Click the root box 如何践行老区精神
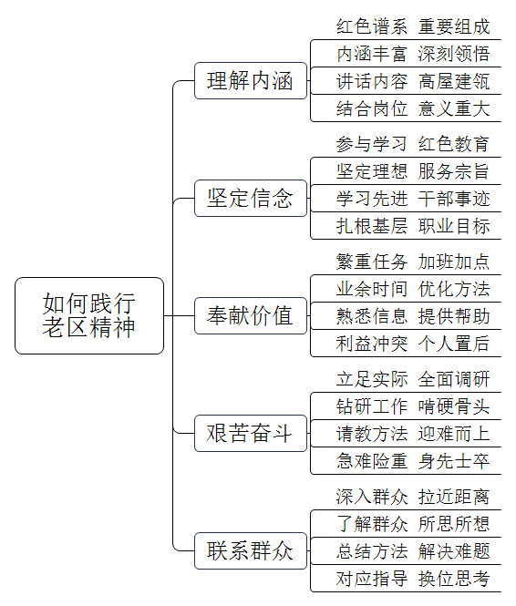(x=89, y=315)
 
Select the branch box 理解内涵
(x=251, y=80)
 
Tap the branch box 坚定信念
(x=251, y=198)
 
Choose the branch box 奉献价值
(x=251, y=315)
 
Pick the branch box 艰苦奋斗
(x=251, y=433)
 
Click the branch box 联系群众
(x=251, y=550)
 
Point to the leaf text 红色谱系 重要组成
(x=413, y=26)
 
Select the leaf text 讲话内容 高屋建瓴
(x=413, y=81)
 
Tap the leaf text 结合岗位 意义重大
(x=413, y=108)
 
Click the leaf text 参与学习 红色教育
(x=413, y=144)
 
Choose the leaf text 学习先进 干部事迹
(x=413, y=199)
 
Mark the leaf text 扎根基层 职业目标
(x=413, y=226)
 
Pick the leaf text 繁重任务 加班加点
(x=413, y=262)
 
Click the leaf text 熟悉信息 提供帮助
(x=413, y=316)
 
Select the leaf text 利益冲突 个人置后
(x=413, y=344)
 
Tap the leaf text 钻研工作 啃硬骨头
(x=413, y=406)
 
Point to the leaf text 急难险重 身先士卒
(x=413, y=461)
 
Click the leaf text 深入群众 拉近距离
(x=413, y=497)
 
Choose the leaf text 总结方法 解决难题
(x=413, y=551)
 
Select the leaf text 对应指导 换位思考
(x=413, y=579)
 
